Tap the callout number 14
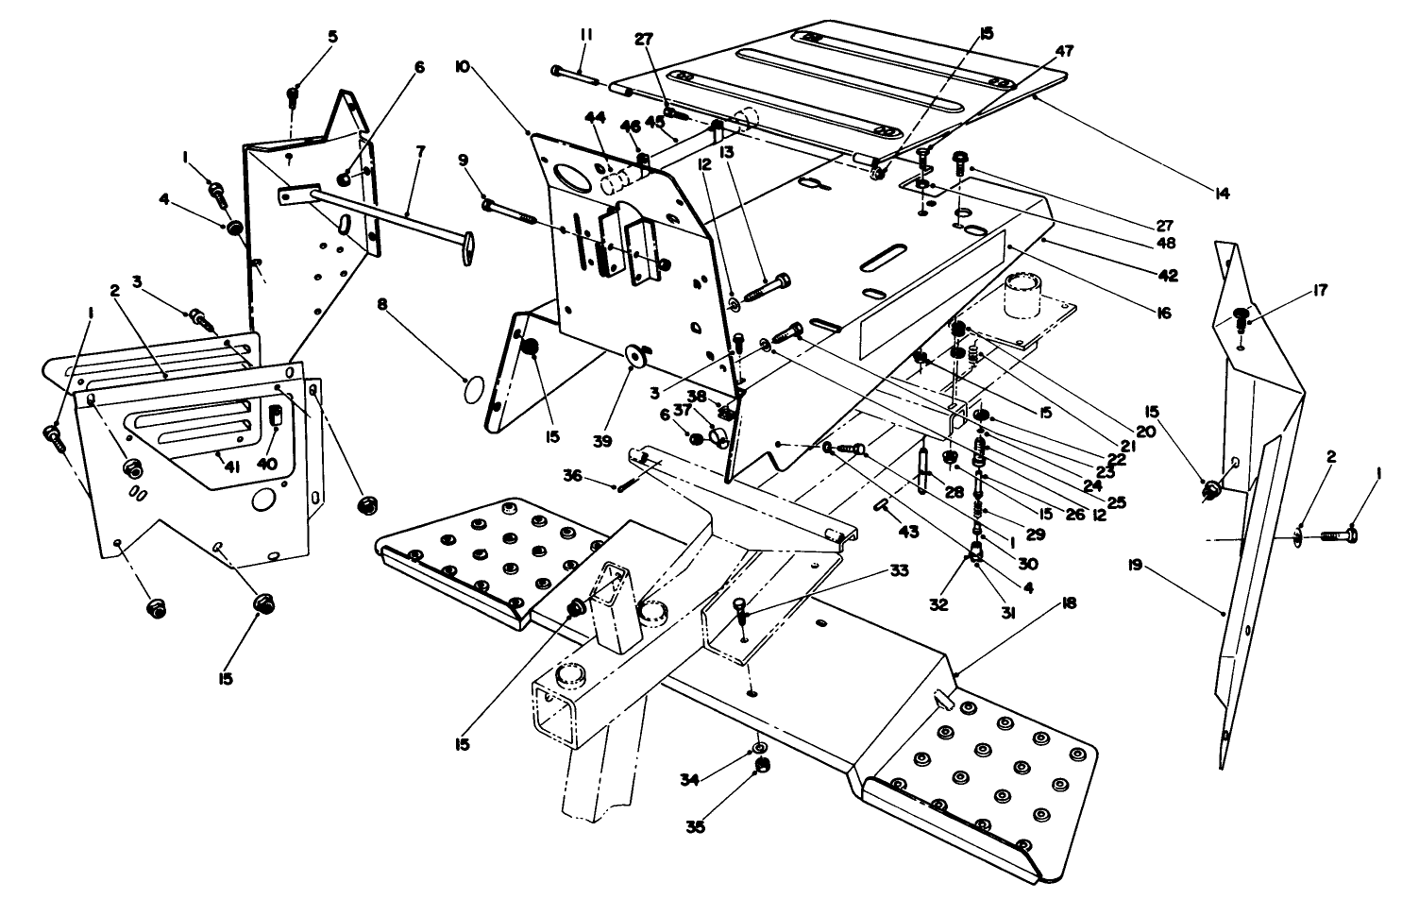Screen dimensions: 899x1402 tap(1221, 195)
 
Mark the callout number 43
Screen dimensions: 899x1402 tap(909, 533)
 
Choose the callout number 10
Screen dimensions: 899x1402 tap(462, 69)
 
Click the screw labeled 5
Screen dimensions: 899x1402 tap(294, 95)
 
